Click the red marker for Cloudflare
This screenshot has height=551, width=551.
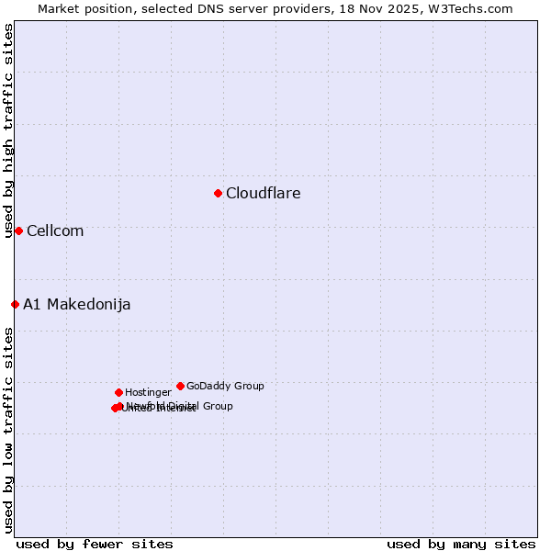(218, 193)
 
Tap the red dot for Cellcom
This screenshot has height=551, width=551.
(18, 231)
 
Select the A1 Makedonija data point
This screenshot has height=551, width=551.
(15, 304)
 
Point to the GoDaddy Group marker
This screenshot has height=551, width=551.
(180, 386)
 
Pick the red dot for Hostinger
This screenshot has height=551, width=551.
(118, 392)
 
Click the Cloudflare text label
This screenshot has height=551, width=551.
(263, 193)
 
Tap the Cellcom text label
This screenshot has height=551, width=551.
(55, 231)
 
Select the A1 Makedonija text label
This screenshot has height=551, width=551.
(76, 304)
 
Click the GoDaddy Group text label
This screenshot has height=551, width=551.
(225, 386)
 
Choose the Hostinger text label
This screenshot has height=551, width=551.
(148, 392)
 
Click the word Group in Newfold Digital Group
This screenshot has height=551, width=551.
(218, 406)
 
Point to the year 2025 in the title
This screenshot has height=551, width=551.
(398, 8)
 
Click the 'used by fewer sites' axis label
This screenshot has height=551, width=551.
(95, 544)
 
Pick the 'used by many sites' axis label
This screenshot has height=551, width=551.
(461, 544)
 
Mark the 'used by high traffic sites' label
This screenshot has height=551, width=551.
(8, 131)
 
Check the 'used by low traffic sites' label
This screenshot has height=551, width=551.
(8, 430)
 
